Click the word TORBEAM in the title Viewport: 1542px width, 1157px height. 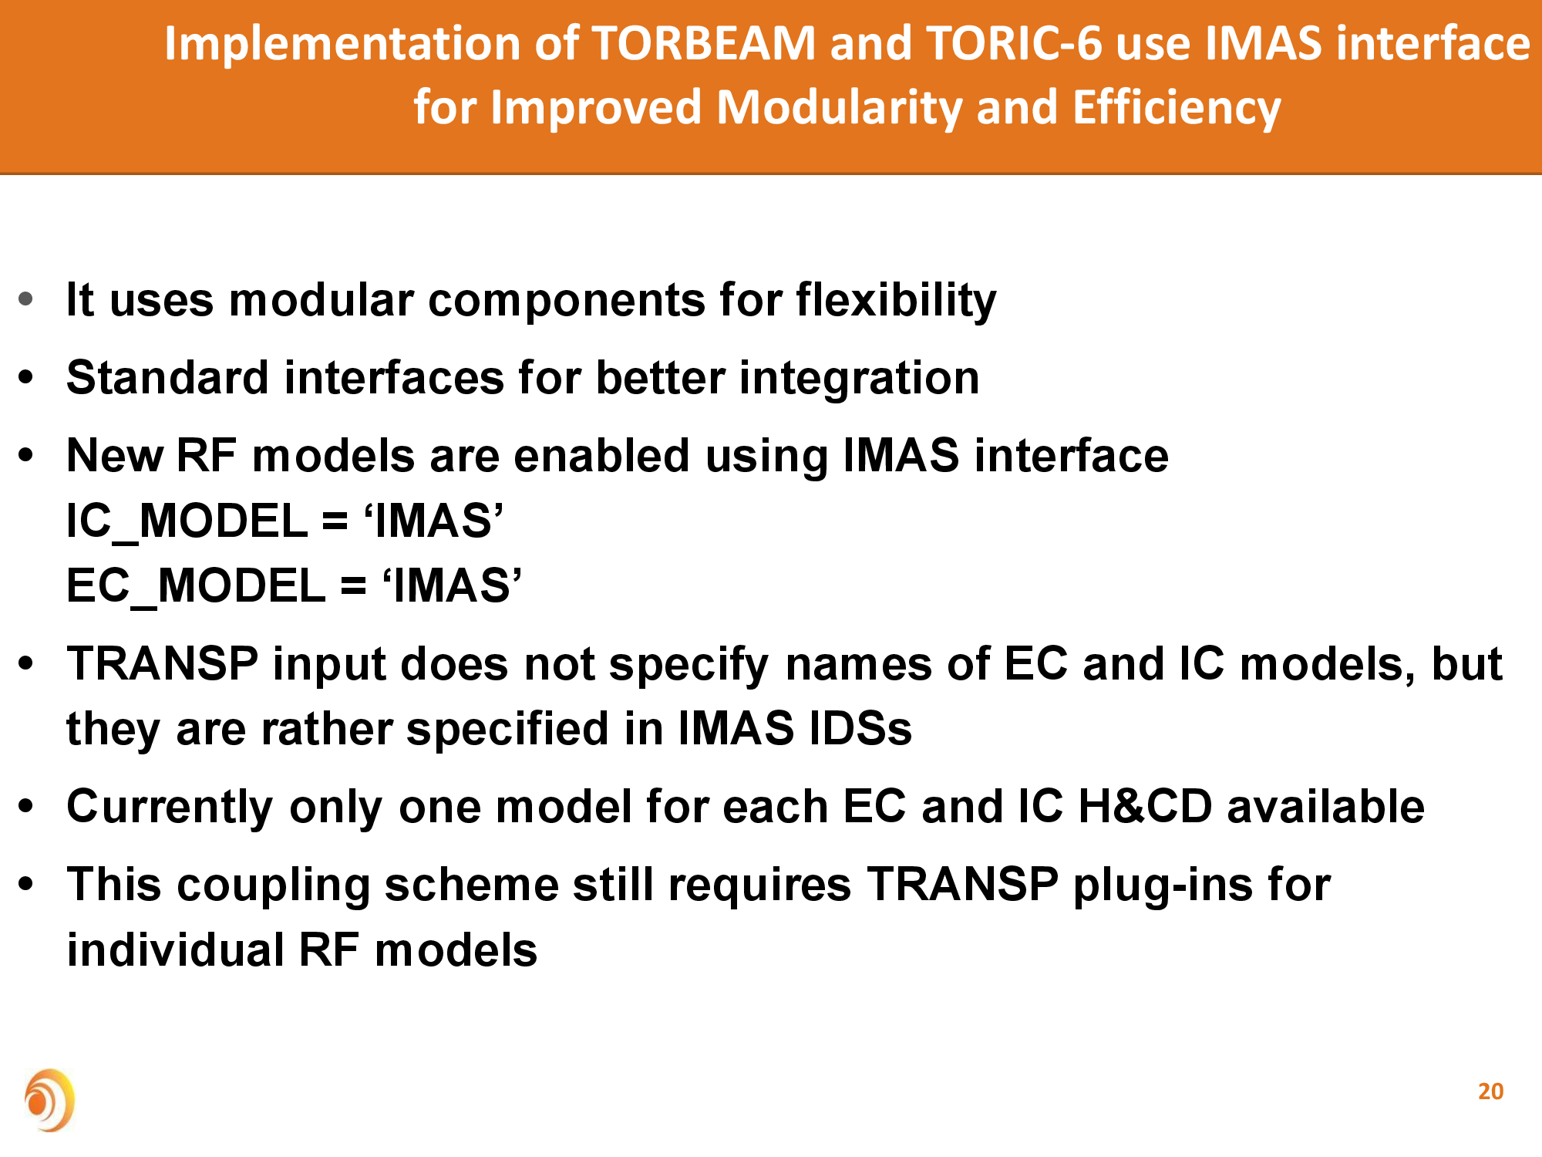click(x=704, y=43)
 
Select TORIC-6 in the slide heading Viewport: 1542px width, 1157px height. click(x=1015, y=43)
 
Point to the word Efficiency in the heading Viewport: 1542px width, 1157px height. click(x=1177, y=107)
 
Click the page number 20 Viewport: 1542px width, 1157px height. click(x=1490, y=1091)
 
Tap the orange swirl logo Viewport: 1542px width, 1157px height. click(x=49, y=1100)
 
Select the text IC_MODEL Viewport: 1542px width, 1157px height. click(x=187, y=521)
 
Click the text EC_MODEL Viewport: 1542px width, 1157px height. click(x=197, y=585)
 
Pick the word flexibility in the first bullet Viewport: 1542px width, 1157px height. click(x=896, y=300)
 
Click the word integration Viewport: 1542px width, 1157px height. click(x=860, y=378)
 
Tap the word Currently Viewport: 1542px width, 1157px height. click(x=170, y=807)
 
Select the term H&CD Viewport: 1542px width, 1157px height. click(x=1145, y=806)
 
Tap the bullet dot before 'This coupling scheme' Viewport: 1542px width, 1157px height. click(x=26, y=883)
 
